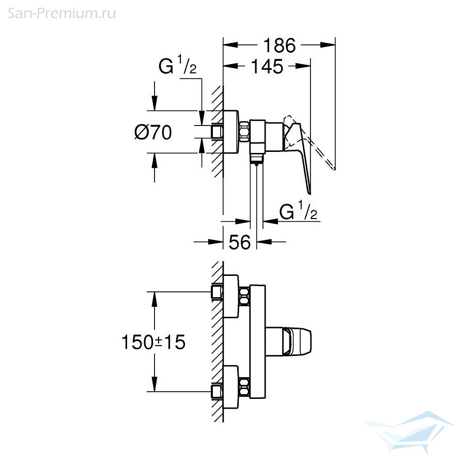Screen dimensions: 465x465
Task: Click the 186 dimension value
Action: (x=279, y=45)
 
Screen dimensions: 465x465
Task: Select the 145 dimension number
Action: (x=267, y=67)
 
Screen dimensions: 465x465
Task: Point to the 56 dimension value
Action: (x=240, y=242)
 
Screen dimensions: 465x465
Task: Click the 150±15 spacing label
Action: (x=153, y=342)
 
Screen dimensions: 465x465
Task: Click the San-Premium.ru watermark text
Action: (x=61, y=13)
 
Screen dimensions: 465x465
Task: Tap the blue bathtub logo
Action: (x=411, y=431)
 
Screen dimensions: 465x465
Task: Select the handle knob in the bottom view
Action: (x=297, y=342)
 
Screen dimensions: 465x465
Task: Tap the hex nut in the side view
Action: (x=244, y=132)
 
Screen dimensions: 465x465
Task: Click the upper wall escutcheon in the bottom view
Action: (x=231, y=296)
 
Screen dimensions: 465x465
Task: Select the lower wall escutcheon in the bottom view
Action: (x=231, y=387)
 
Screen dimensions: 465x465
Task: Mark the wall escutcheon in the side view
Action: (x=231, y=132)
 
